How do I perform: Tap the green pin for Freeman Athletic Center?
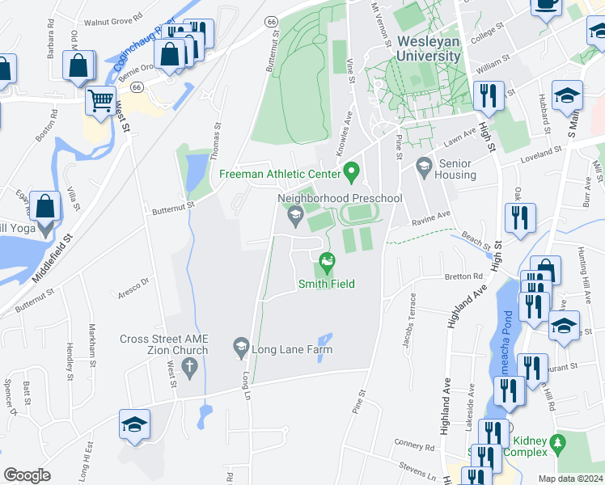pos(350,171)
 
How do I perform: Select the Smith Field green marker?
pos(327,260)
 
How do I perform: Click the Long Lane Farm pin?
pos(240,346)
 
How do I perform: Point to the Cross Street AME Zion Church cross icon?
pos(189,369)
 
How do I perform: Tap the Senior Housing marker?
pos(423,166)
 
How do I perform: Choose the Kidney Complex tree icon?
pos(556,444)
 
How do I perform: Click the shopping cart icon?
pos(100,102)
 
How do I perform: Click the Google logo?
pos(27,474)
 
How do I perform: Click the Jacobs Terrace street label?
pos(409,320)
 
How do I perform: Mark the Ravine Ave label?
pos(430,217)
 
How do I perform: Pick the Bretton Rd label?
pos(463,276)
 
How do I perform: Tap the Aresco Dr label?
pos(134,284)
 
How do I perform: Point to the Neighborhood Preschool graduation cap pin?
pos(294,214)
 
